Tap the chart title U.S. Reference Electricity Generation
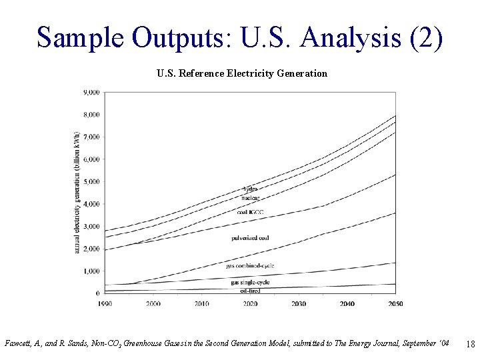pyautogui.click(x=242, y=73)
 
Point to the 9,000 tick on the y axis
pyautogui.click(x=91, y=92)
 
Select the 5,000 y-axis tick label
pyautogui.click(x=91, y=181)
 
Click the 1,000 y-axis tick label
pyautogui.click(x=91, y=271)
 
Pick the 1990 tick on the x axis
pyautogui.click(x=104, y=303)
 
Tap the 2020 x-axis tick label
pyautogui.click(x=251, y=303)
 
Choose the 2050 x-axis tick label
pyautogui.click(x=395, y=303)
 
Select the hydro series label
pyautogui.click(x=250, y=189)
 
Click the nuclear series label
pyautogui.click(x=250, y=197)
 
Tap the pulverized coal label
pyautogui.click(x=250, y=238)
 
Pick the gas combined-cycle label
pyautogui.click(x=250, y=266)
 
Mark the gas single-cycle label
pyautogui.click(x=250, y=283)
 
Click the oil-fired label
pyautogui.click(x=250, y=291)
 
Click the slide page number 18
pyautogui.click(x=470, y=345)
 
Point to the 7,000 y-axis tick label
pyautogui.click(x=91, y=137)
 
